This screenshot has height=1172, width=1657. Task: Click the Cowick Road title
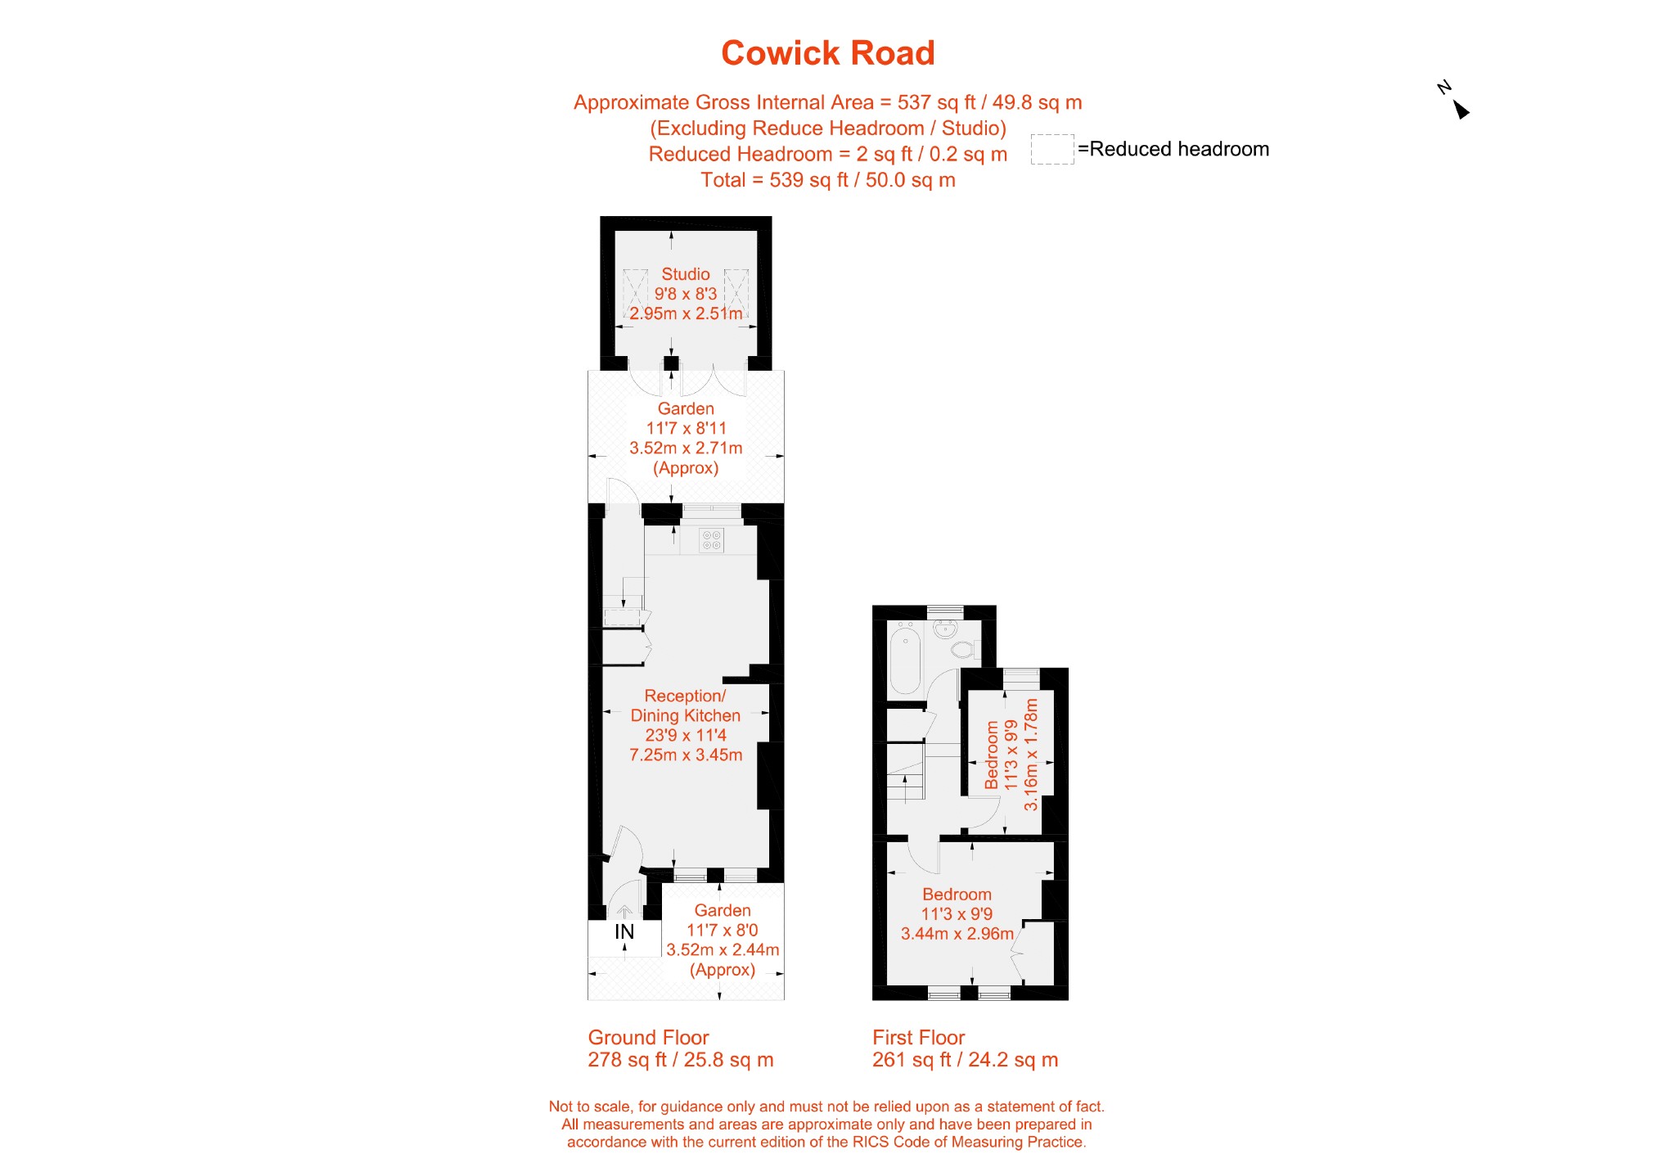tap(827, 53)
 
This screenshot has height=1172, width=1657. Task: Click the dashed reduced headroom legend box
tap(1051, 149)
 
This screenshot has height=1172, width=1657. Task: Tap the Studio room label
tap(686, 274)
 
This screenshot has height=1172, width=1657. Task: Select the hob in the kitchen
tap(712, 540)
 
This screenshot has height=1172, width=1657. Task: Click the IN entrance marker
tap(624, 931)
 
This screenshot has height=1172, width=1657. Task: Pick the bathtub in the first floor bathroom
tap(906, 658)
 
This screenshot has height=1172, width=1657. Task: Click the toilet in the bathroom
tap(963, 651)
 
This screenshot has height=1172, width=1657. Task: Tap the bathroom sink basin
tap(945, 629)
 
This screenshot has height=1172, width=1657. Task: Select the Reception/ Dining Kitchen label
tap(686, 705)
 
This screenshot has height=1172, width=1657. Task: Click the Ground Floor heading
tap(648, 1038)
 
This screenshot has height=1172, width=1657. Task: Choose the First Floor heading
tap(918, 1038)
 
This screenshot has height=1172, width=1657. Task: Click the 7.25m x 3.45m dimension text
tap(686, 755)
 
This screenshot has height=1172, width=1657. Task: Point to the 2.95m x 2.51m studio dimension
tap(686, 313)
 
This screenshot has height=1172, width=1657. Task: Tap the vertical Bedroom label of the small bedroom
tap(992, 755)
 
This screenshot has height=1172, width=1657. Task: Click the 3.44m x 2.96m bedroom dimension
tap(957, 934)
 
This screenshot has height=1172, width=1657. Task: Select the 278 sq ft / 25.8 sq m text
tap(681, 1060)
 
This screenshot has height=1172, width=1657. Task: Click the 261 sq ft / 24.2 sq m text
tap(966, 1060)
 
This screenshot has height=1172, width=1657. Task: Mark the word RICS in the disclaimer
tap(870, 1142)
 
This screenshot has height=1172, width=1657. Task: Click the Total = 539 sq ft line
tap(828, 180)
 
